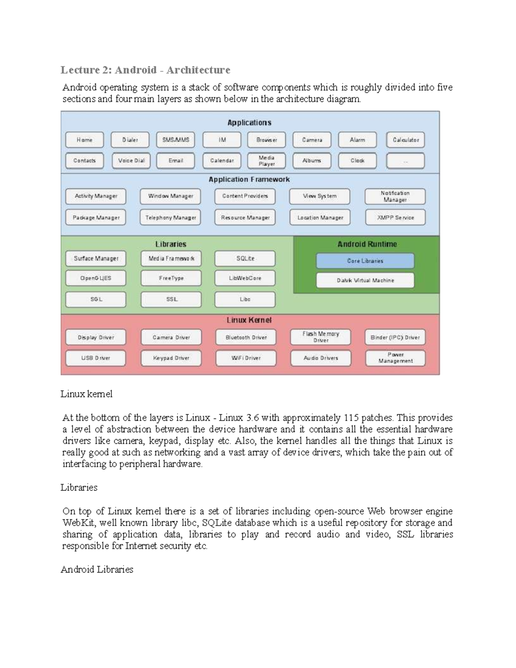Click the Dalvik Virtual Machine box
[365, 280]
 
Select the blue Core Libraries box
[365, 261]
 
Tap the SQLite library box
[245, 259]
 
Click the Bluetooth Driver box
[246, 337]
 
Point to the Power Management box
[395, 358]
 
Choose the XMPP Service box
[395, 218]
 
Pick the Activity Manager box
[96, 196]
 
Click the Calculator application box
[405, 140]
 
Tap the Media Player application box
[266, 160]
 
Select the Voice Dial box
[131, 160]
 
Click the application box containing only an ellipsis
[405, 161]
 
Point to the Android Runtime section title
[367, 244]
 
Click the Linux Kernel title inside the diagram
[249, 320]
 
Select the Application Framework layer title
[249, 179]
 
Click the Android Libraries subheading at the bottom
[97, 569]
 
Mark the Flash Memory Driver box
[320, 337]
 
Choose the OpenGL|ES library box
[96, 278]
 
